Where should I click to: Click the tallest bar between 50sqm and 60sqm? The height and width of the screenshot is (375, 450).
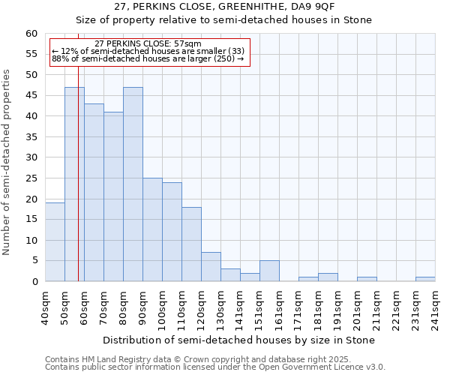click(74, 184)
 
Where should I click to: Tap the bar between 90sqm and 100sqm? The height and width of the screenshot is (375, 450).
click(152, 229)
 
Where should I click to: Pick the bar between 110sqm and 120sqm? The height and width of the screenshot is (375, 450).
click(191, 244)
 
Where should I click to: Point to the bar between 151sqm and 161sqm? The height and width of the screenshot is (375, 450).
click(269, 271)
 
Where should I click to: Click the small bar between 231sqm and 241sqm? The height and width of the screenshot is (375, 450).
click(425, 279)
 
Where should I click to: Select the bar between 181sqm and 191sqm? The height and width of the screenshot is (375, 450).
click(328, 277)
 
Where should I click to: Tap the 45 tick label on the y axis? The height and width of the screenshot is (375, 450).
click(31, 95)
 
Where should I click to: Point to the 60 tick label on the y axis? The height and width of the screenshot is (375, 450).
click(31, 34)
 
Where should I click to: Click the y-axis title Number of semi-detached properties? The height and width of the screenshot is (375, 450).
click(7, 162)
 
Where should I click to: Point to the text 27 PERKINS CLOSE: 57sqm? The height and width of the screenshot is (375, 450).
click(148, 44)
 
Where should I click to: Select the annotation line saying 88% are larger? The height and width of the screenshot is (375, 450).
click(148, 58)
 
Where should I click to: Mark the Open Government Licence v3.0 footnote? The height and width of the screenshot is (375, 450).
click(215, 367)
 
